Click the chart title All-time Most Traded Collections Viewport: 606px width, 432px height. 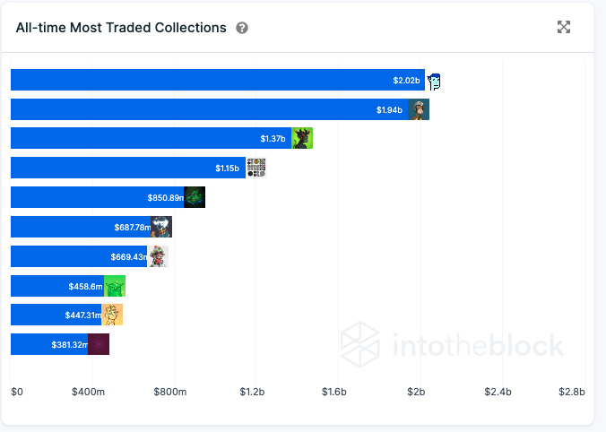(x=121, y=28)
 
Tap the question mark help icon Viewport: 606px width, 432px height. (x=242, y=28)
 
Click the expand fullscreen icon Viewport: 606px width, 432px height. (x=564, y=27)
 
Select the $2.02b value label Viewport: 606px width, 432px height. (x=406, y=81)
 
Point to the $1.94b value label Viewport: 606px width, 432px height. (x=390, y=110)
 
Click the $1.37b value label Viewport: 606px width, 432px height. (x=273, y=139)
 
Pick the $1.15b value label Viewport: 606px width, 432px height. (x=228, y=168)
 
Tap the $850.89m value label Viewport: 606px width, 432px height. (x=165, y=197)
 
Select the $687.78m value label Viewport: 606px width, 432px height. (x=133, y=227)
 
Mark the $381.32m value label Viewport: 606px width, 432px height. (x=70, y=344)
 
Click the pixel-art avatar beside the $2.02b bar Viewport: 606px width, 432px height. (x=435, y=81)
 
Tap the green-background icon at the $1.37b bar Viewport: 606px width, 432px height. (x=302, y=139)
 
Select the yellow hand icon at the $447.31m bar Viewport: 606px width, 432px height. (x=112, y=315)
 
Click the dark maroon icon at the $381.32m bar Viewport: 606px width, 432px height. (x=99, y=344)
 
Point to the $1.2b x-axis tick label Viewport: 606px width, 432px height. (x=252, y=392)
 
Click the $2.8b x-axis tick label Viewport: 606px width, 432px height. (x=570, y=392)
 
